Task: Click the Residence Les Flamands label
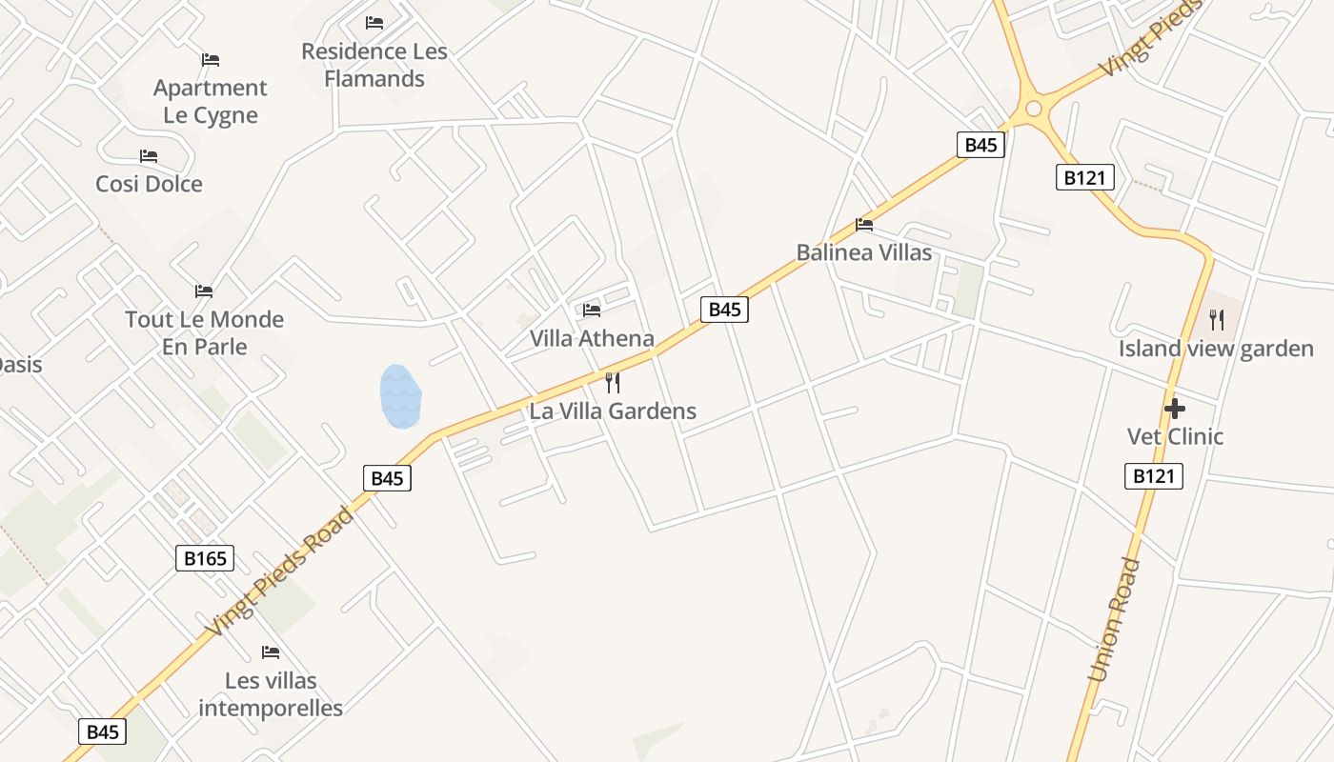click(x=374, y=65)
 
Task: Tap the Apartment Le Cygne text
click(x=211, y=101)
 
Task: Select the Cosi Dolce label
click(x=149, y=184)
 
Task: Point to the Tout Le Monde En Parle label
click(x=204, y=332)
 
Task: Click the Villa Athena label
click(x=592, y=338)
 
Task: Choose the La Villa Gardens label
click(x=613, y=411)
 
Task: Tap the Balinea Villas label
click(x=864, y=252)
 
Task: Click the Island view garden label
click(x=1216, y=349)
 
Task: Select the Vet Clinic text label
click(x=1175, y=436)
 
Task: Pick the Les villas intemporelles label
click(x=271, y=694)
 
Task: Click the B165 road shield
click(x=205, y=558)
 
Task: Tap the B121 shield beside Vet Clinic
click(x=1154, y=476)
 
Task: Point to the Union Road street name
click(x=1114, y=620)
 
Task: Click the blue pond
click(x=400, y=396)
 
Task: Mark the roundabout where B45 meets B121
click(x=1033, y=110)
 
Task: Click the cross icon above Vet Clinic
click(x=1175, y=409)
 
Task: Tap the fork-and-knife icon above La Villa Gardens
click(x=613, y=383)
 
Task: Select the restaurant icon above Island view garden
click(x=1216, y=320)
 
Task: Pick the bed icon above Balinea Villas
click(x=864, y=225)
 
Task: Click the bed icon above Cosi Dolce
click(x=149, y=155)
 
